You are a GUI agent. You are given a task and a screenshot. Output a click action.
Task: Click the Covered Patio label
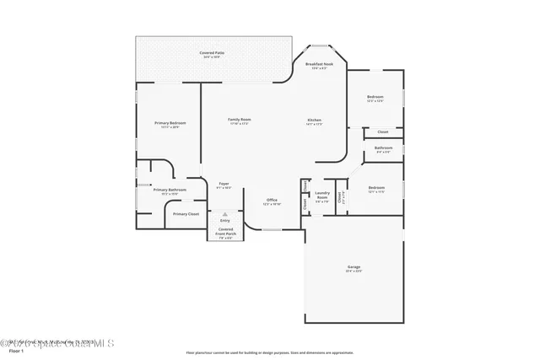pos(211,53)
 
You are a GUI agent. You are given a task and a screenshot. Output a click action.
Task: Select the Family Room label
pos(240,120)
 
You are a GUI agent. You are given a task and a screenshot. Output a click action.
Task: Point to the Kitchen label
pos(314,120)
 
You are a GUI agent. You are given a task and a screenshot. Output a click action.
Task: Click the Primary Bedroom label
pos(170,123)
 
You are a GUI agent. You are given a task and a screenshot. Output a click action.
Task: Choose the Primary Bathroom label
pos(170,190)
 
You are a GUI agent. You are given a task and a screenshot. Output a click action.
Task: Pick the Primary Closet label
pos(186,214)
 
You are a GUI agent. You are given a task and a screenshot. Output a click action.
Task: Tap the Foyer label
pos(224,183)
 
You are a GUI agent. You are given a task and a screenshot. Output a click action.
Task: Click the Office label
pos(271,200)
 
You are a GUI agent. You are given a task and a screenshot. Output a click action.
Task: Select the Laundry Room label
pos(321,195)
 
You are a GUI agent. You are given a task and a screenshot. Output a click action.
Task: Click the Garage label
pos(354,267)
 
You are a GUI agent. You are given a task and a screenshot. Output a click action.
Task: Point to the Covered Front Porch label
pos(226,231)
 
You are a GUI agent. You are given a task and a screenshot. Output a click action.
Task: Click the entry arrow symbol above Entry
pos(225,214)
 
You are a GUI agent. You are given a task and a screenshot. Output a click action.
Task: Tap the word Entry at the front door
pos(225,220)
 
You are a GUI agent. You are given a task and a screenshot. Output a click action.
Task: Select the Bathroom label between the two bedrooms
pos(383,148)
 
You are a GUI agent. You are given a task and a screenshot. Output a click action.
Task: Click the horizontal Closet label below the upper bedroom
pos(382,132)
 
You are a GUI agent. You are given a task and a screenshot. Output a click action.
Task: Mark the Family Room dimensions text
pos(240,124)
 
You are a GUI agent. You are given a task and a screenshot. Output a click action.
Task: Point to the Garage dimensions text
pos(354,271)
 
